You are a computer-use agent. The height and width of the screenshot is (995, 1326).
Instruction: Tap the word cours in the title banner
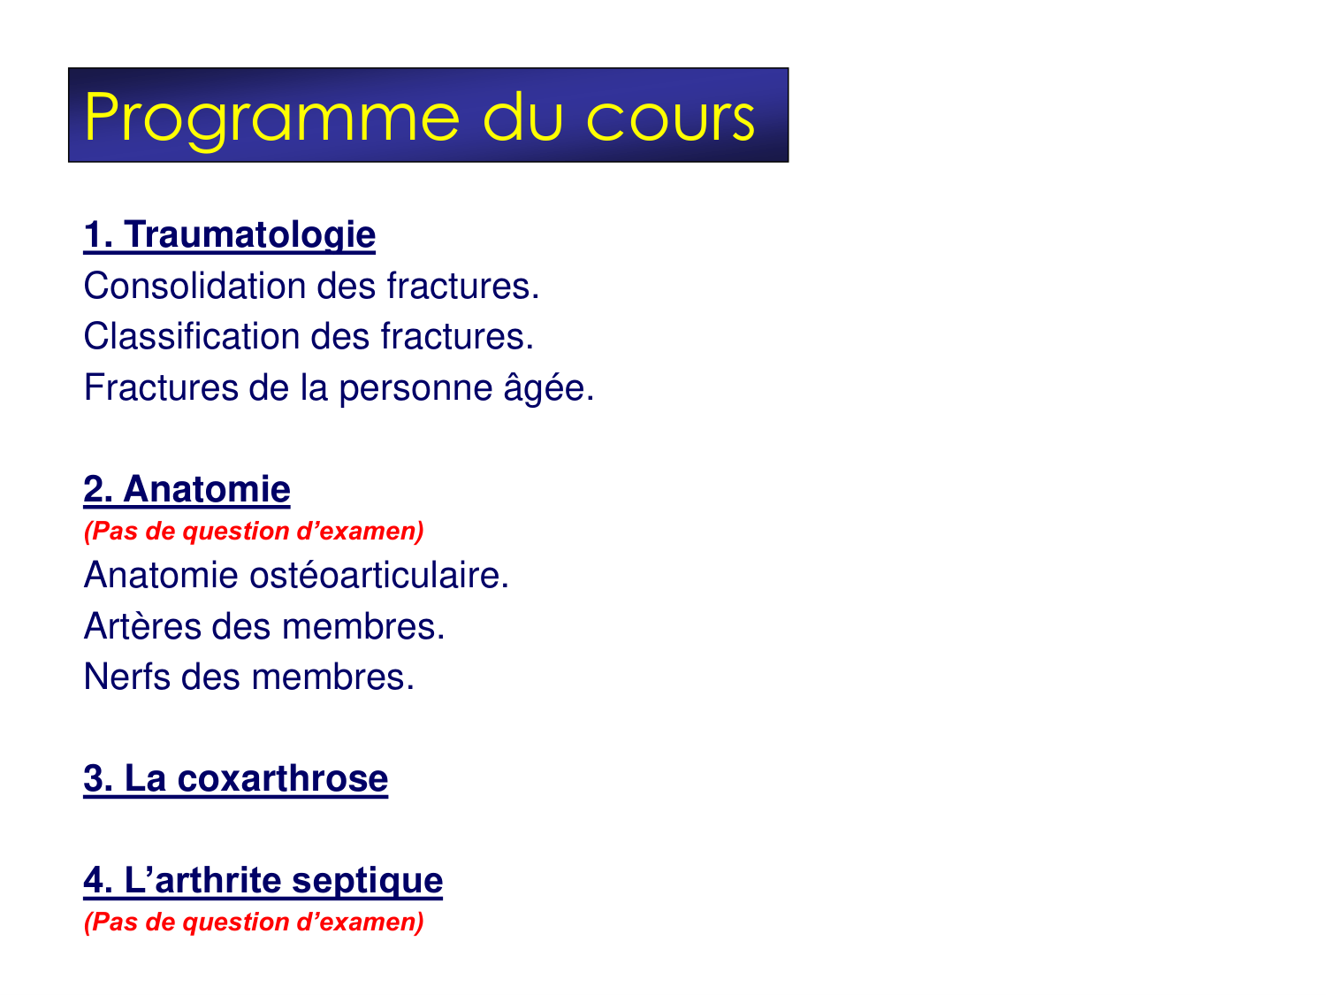point(671,119)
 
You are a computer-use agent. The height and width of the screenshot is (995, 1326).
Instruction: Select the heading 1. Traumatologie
point(230,235)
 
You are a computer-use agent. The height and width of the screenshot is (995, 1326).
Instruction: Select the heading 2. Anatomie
point(187,490)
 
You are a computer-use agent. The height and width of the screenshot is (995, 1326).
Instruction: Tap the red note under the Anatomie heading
point(254,532)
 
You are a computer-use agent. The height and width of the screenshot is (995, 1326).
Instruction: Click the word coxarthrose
point(282,779)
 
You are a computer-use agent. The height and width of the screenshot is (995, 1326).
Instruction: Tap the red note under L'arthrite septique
point(254,922)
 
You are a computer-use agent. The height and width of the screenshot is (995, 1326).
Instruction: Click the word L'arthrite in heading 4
point(202,881)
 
